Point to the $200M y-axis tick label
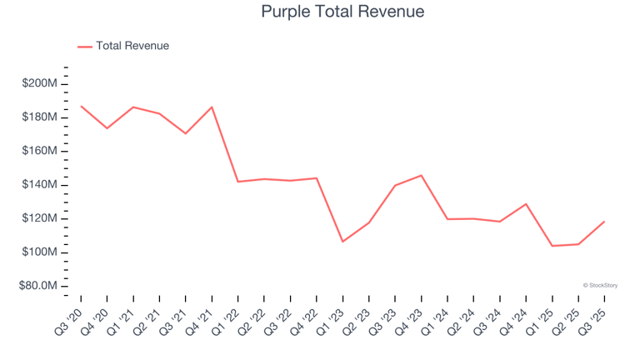click(40, 83)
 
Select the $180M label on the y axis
click(40, 117)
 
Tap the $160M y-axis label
click(40, 151)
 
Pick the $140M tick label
click(40, 185)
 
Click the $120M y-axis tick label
click(40, 218)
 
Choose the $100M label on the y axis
click(40, 252)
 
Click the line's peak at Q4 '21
click(212, 107)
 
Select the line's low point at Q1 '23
click(342, 242)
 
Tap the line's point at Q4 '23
click(421, 175)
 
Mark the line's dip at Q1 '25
click(552, 246)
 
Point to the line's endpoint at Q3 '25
click(604, 222)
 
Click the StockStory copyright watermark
click(600, 285)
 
